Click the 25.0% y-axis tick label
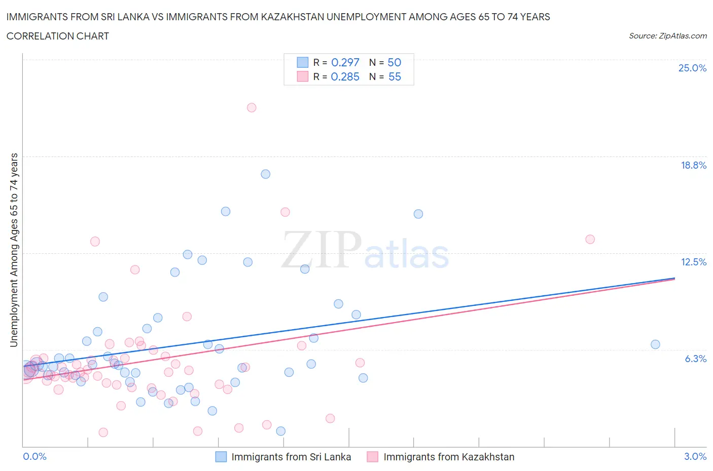[692, 68]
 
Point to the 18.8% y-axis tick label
[693, 165]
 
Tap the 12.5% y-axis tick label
[693, 262]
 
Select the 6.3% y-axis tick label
[695, 359]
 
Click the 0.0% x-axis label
[34, 456]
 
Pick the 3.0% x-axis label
[695, 456]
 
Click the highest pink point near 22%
[252, 107]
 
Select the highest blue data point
[265, 174]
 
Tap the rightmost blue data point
[655, 344]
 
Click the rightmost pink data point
[590, 239]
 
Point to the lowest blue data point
[280, 431]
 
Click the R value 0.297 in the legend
[345, 62]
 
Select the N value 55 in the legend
[395, 76]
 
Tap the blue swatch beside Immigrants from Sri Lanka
[221, 457]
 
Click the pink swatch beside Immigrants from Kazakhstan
[373, 457]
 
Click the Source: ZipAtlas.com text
[667, 35]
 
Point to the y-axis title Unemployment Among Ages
[14, 250]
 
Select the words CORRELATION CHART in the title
[58, 36]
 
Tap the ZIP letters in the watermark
[322, 249]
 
